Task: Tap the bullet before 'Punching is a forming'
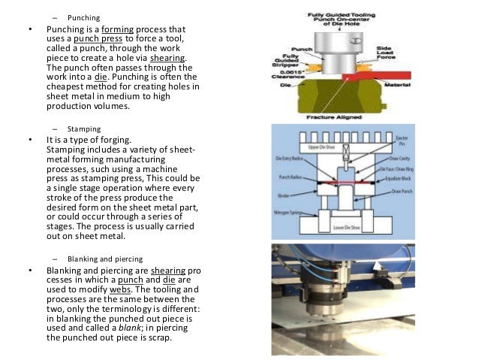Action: click(x=30, y=31)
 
